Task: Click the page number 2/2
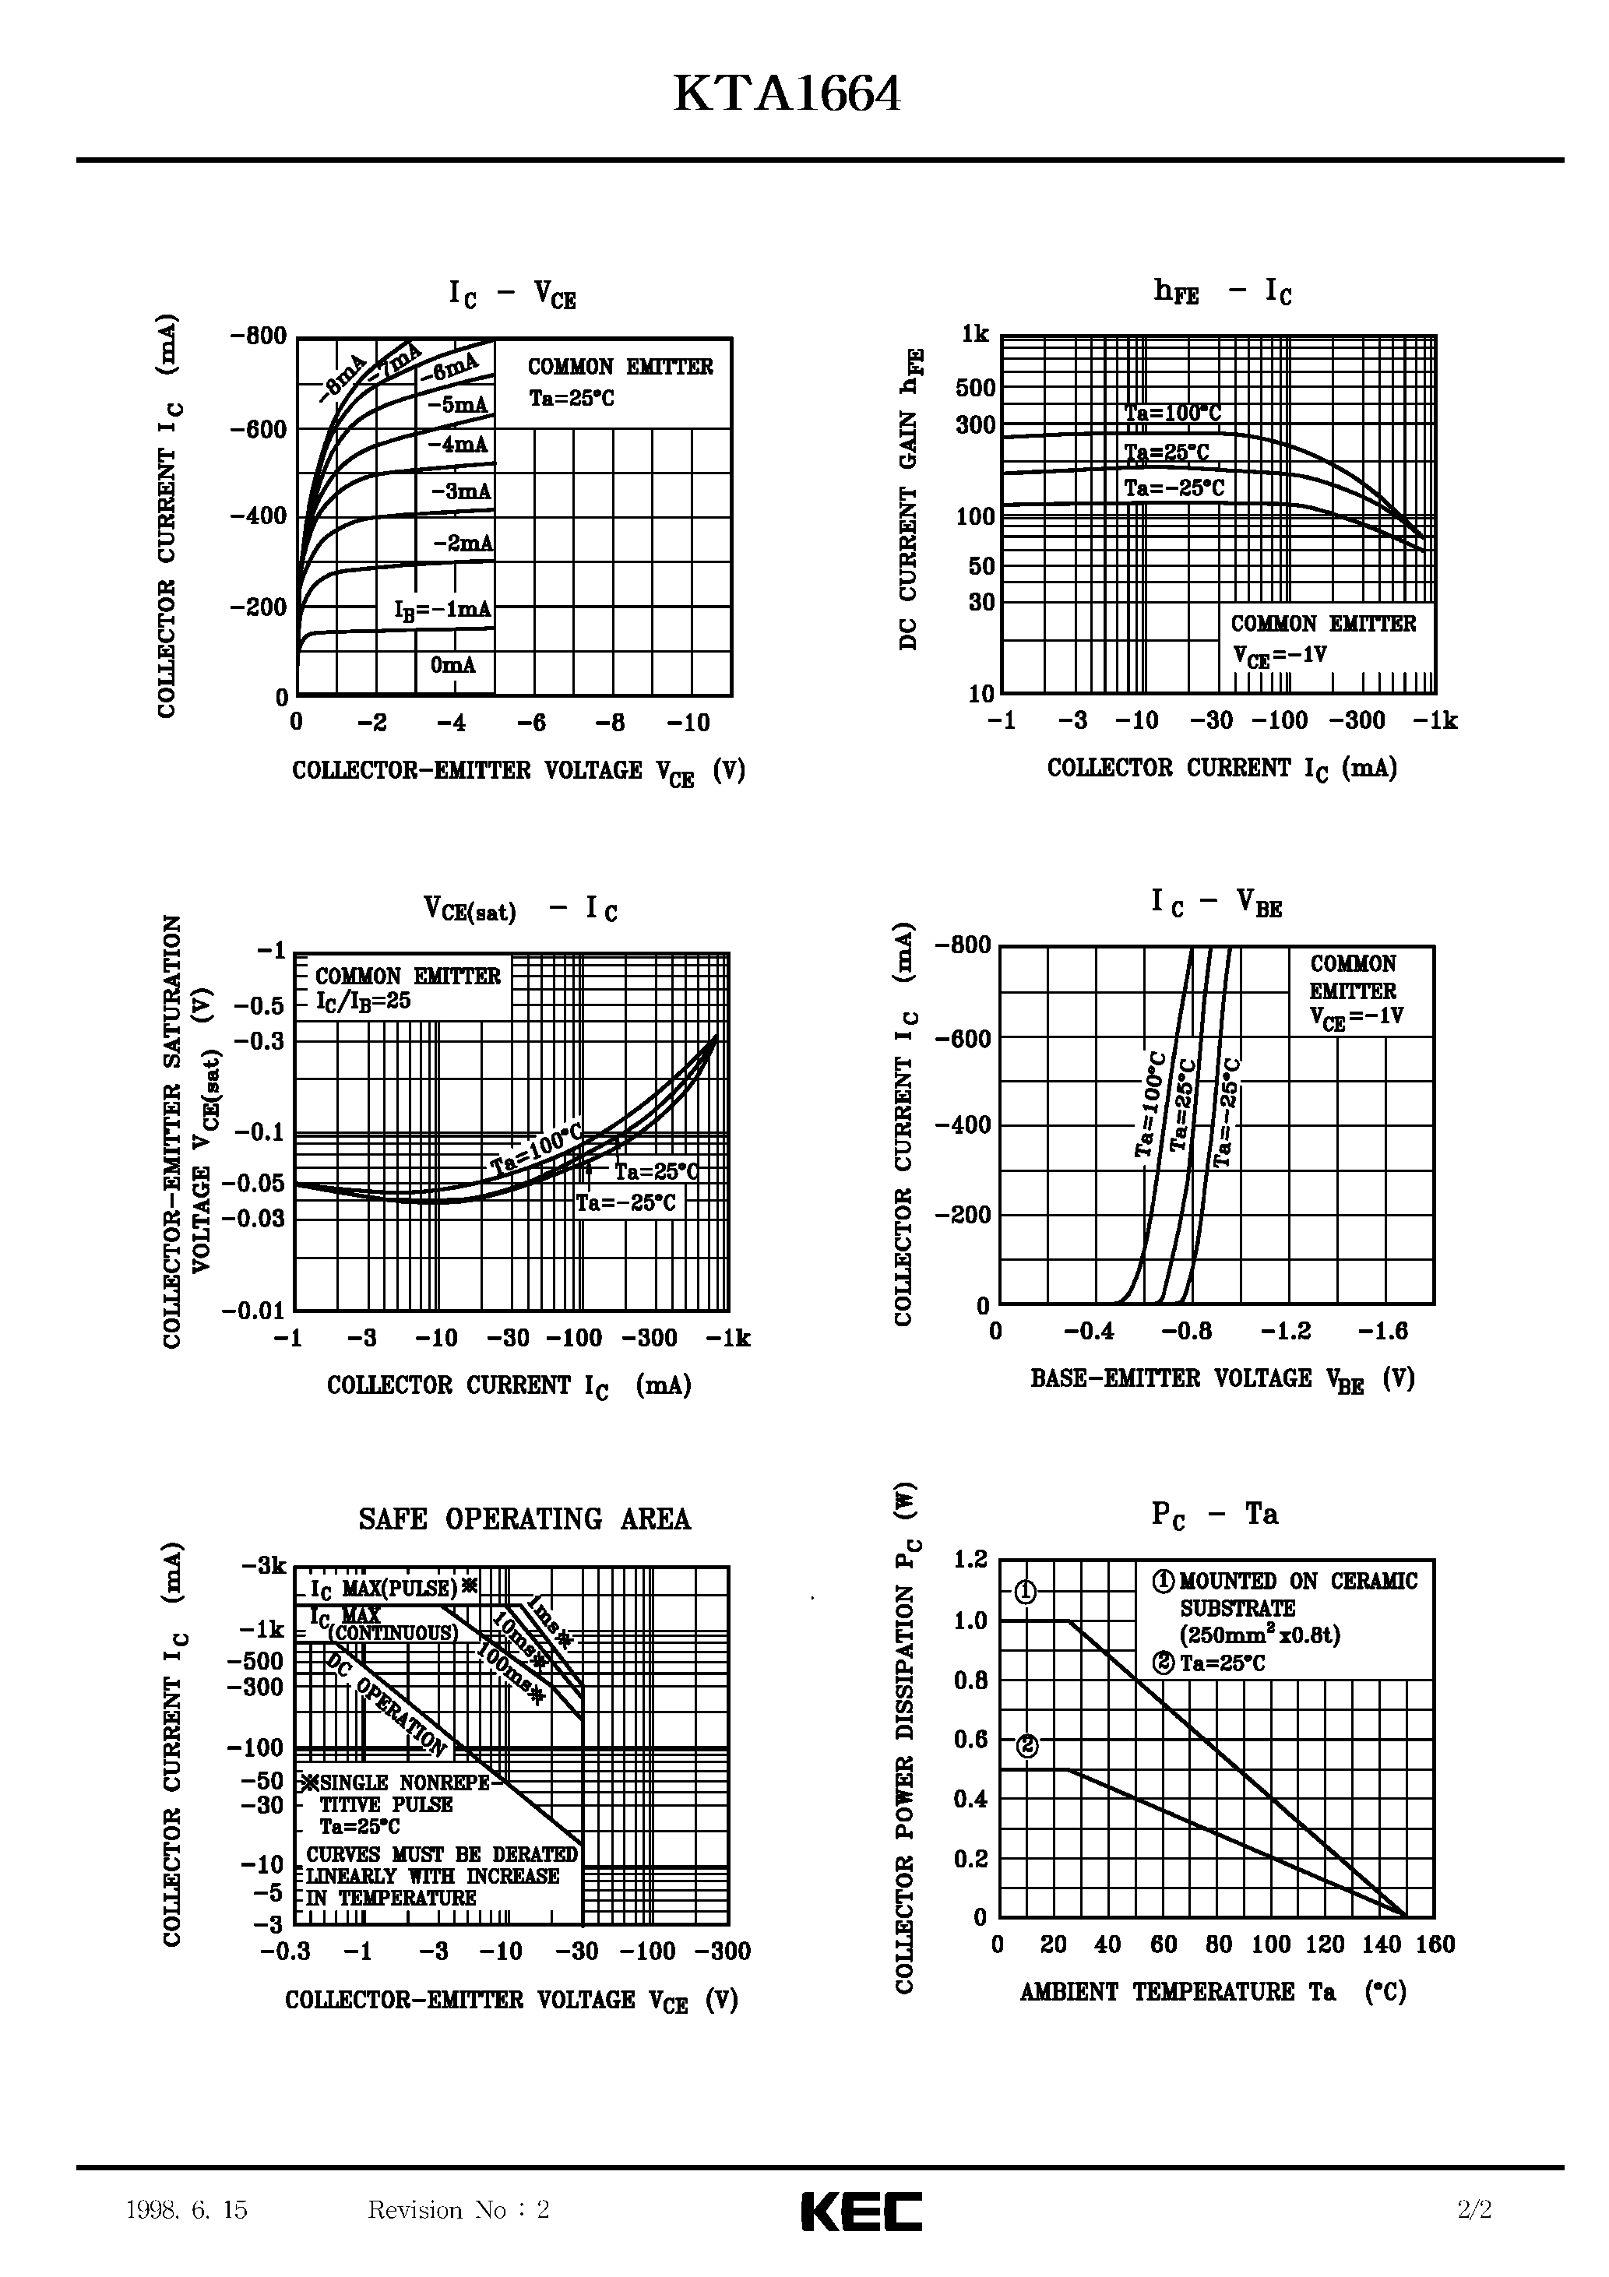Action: click(x=1475, y=2209)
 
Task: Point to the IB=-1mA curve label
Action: click(x=442, y=609)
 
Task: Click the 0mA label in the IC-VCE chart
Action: click(x=453, y=664)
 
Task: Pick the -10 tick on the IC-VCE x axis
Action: click(x=688, y=723)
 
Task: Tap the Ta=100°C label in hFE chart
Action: click(x=1171, y=414)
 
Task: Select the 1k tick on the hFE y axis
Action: click(x=975, y=334)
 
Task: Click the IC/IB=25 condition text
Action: click(x=364, y=1001)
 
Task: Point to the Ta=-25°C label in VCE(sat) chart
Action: click(x=626, y=1203)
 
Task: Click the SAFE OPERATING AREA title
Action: click(x=524, y=1519)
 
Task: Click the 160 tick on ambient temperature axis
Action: click(x=1435, y=1944)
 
